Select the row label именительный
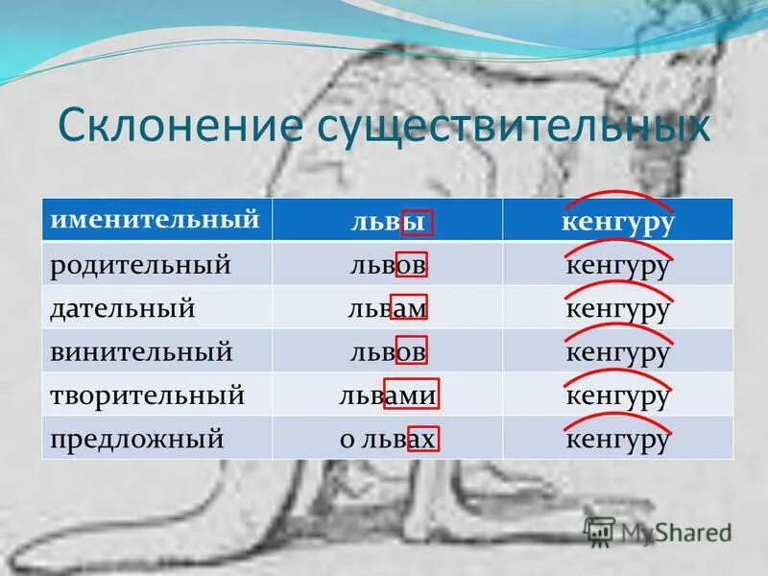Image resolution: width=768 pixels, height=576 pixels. coord(156,220)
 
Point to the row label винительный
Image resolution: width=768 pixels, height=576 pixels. coord(141,352)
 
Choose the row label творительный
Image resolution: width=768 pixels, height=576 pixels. coord(148,396)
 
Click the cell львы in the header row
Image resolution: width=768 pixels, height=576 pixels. coord(388,222)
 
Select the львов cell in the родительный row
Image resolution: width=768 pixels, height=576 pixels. coord(388,265)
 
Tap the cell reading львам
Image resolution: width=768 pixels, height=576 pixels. coord(388,309)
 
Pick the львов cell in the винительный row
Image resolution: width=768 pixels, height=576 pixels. coord(388,352)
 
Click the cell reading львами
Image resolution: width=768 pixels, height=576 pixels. coord(388,396)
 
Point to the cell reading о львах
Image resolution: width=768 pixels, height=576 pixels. coord(388,440)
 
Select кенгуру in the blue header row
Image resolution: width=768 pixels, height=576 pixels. coord(616,222)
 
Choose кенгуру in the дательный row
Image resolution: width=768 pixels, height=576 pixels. coord(616,309)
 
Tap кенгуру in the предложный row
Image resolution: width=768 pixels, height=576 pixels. coord(616,440)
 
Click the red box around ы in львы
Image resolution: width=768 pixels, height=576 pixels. coord(417,222)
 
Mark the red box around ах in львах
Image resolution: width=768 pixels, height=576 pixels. coord(423,440)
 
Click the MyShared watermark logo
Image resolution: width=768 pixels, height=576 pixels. coord(660,531)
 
